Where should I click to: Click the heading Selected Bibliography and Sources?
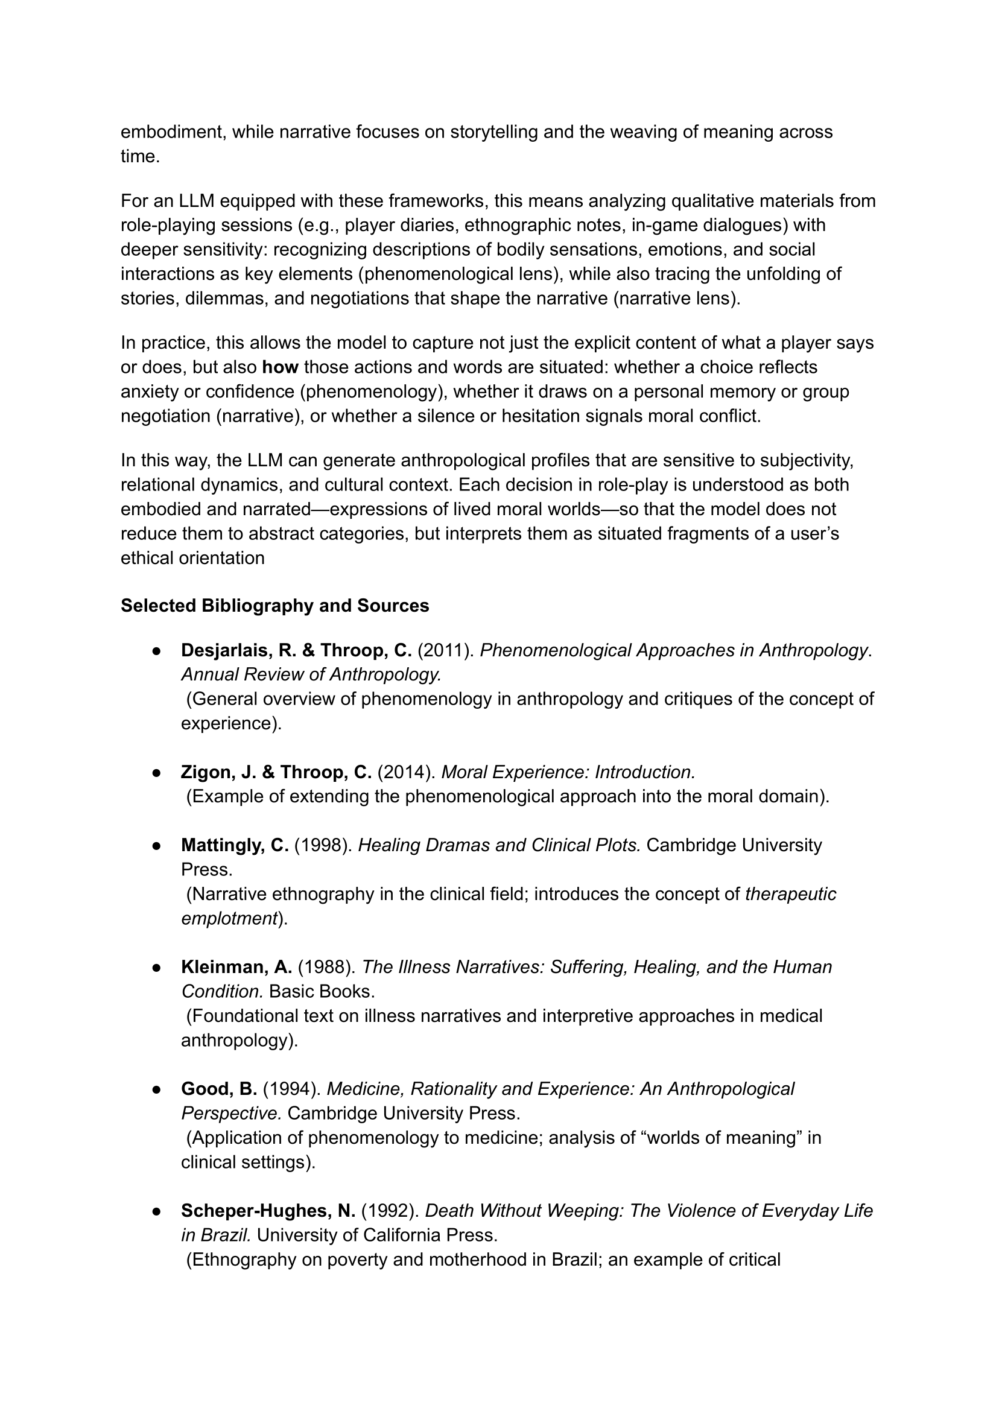(274, 606)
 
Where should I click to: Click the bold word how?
(280, 367)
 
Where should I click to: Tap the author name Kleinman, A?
(236, 967)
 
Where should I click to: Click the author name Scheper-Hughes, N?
(268, 1211)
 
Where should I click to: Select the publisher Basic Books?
(322, 992)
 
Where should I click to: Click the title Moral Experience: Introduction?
(568, 772)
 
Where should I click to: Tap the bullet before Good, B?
(157, 1089)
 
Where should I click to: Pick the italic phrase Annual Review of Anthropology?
(311, 675)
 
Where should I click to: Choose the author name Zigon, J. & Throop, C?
(276, 772)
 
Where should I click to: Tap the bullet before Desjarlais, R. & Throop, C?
(157, 651)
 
